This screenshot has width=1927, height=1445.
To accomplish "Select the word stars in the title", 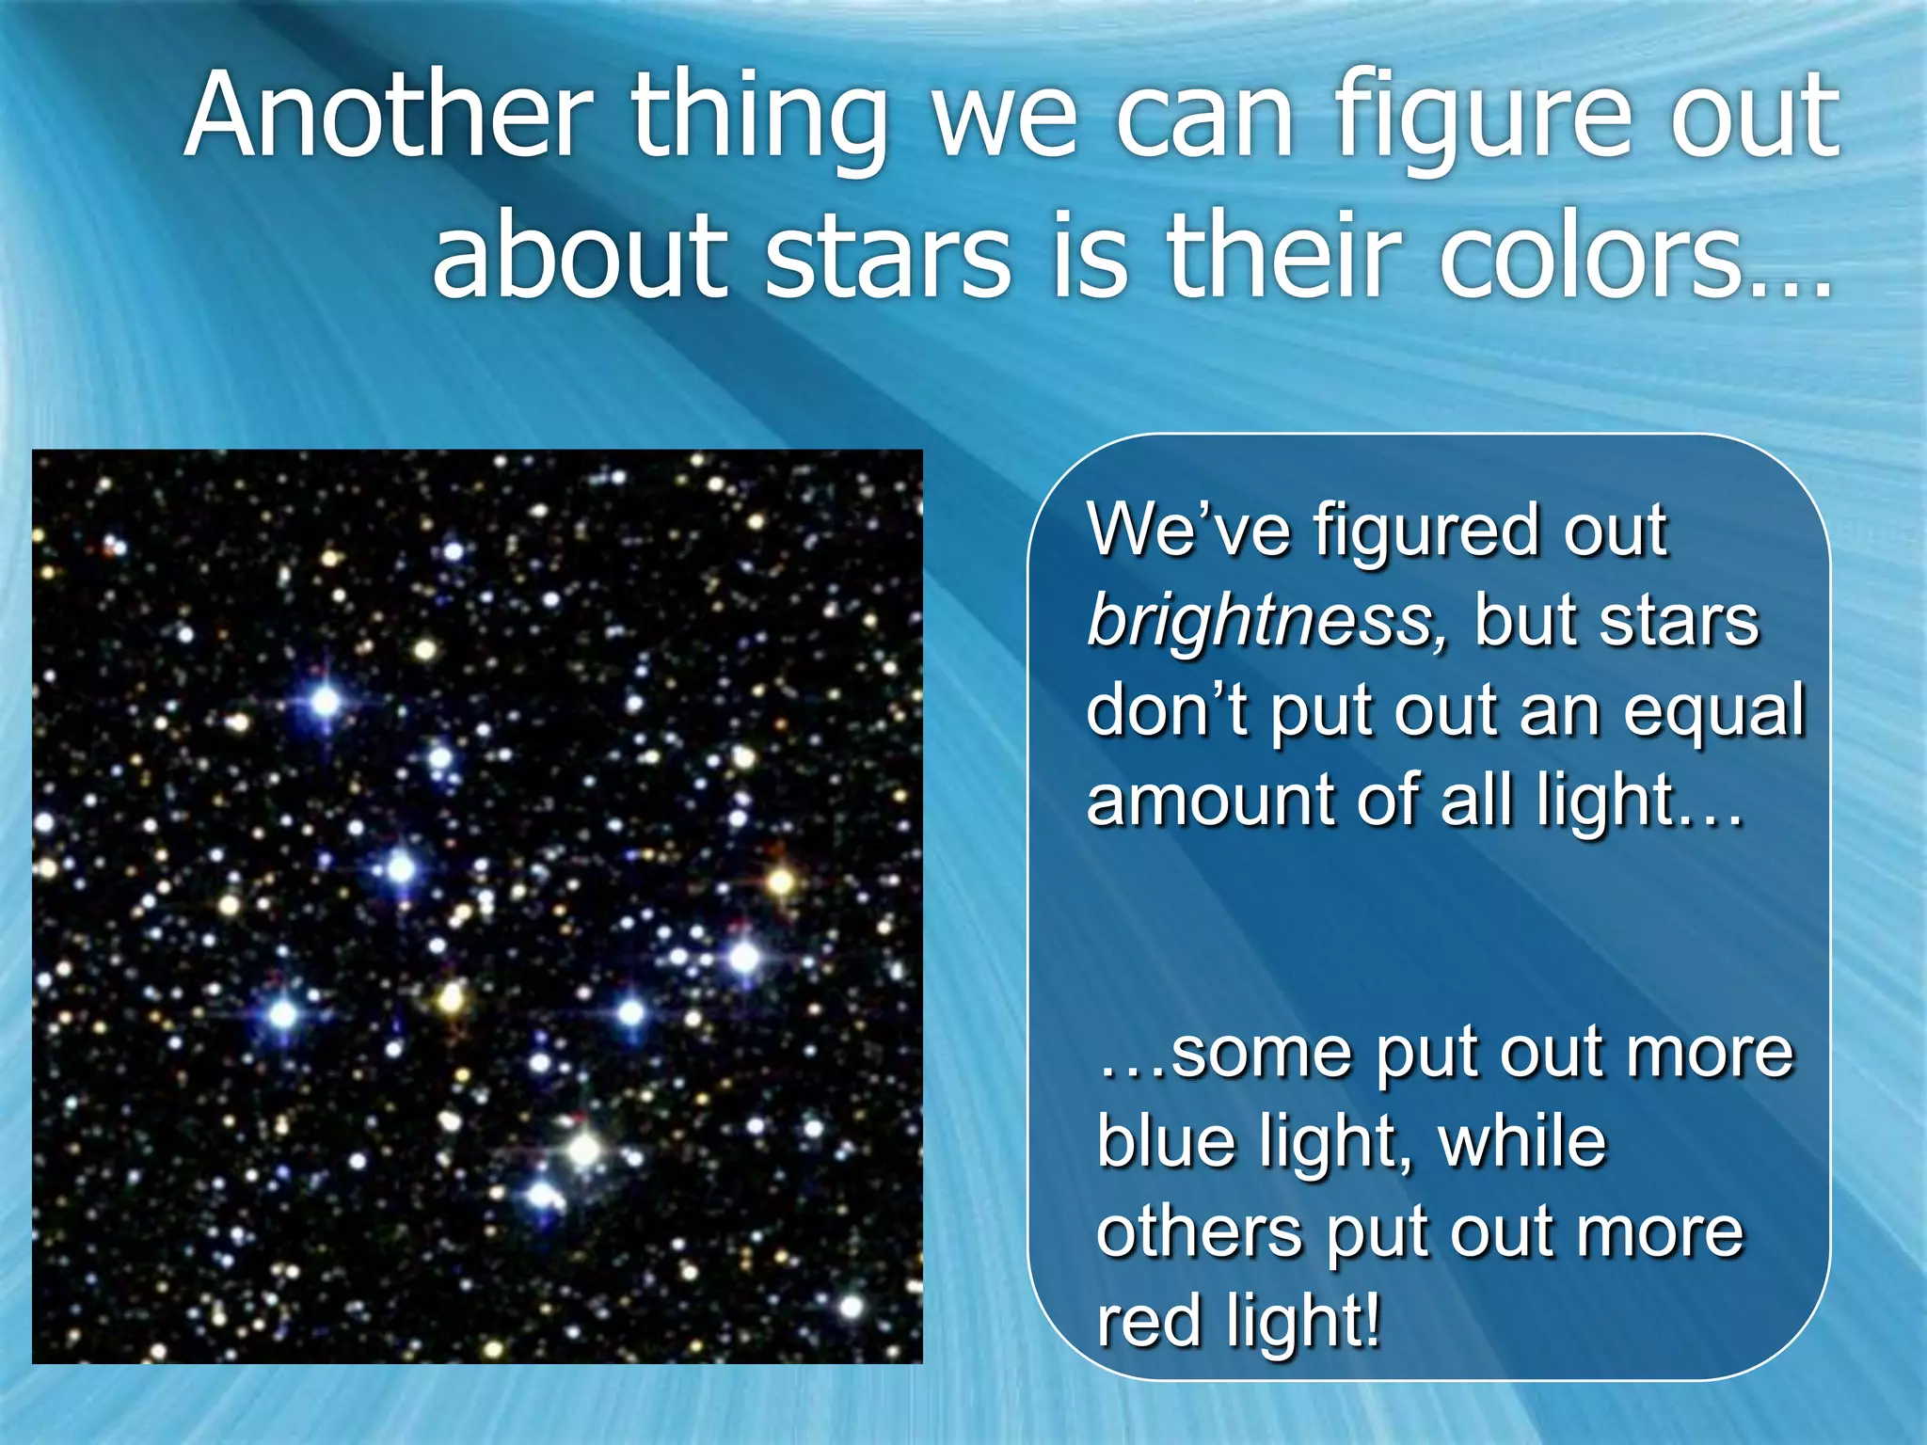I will point(887,258).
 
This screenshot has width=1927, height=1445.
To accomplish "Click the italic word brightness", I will point(1261,623).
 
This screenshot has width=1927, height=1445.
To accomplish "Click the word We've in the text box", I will point(1188,532).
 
